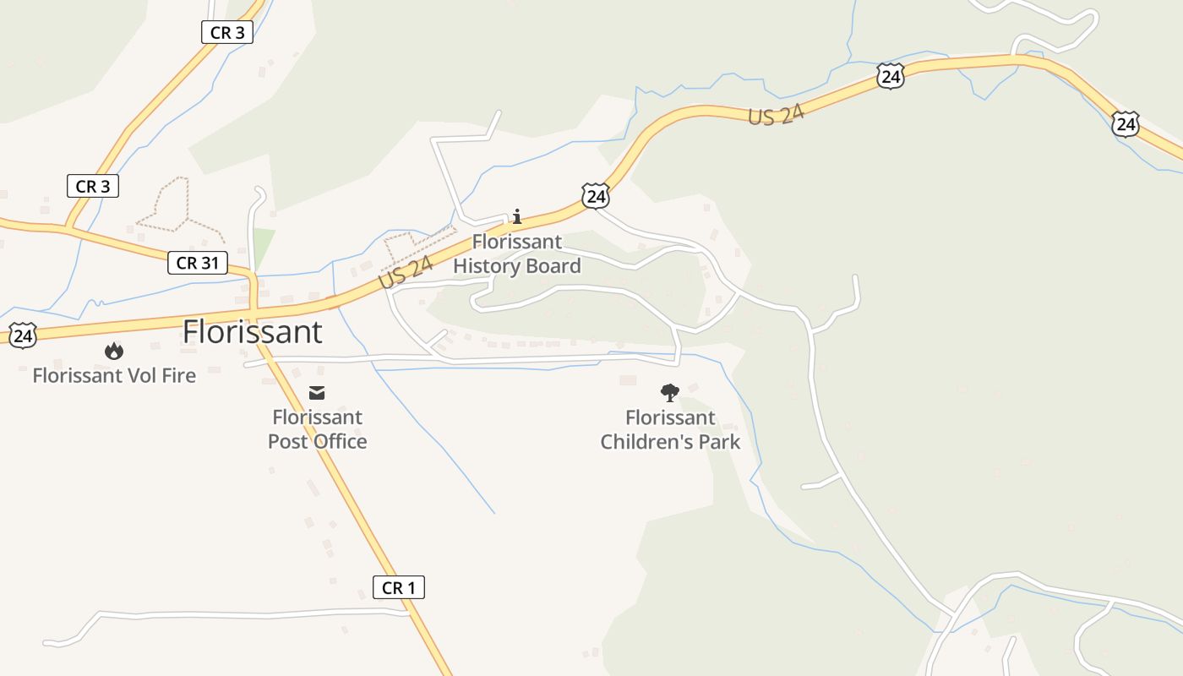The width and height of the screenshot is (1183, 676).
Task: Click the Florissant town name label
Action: [252, 332]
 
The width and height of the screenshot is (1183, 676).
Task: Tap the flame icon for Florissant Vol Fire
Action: [114, 351]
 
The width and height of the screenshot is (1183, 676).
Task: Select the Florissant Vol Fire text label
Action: [114, 375]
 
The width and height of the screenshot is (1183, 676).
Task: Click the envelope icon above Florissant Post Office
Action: [317, 392]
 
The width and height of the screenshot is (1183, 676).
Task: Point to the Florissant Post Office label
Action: [317, 429]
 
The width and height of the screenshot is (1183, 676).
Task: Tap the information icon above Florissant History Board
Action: [517, 217]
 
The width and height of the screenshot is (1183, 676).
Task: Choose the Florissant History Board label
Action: [517, 254]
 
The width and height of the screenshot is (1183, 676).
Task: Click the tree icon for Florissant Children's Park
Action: [669, 392]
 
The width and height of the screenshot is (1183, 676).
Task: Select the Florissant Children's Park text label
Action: [670, 429]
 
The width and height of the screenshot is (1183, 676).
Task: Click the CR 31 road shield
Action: [198, 263]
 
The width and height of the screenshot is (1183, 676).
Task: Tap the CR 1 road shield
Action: [399, 587]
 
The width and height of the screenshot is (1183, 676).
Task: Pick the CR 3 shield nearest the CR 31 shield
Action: [93, 186]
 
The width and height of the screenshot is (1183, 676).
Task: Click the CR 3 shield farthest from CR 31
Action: [227, 33]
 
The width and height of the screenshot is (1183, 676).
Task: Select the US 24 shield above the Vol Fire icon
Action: [25, 335]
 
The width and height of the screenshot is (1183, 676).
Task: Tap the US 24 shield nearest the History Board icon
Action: [596, 197]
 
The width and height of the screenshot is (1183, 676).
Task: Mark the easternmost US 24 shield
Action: [1125, 124]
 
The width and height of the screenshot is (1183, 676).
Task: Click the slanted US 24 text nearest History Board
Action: [406, 271]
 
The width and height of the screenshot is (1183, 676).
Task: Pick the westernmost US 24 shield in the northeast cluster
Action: [890, 77]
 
